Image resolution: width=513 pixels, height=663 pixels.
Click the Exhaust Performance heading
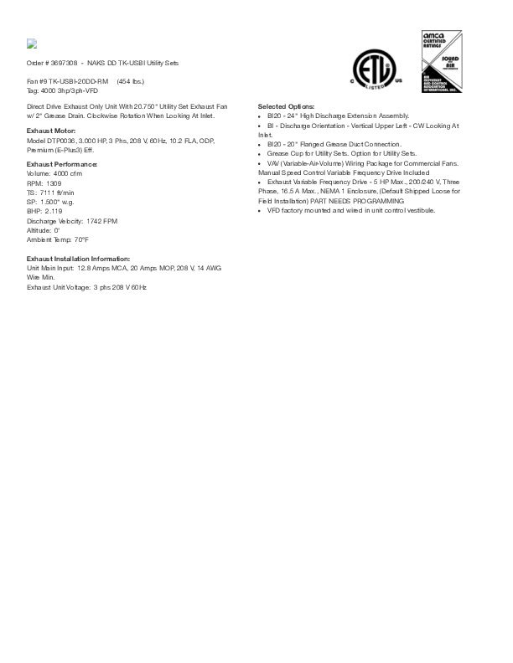62,165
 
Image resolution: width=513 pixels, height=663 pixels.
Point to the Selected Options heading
286,107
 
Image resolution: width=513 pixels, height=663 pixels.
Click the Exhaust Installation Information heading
78,260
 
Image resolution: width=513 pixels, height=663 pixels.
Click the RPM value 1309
54,182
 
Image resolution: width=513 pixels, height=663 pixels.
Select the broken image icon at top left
32,44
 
